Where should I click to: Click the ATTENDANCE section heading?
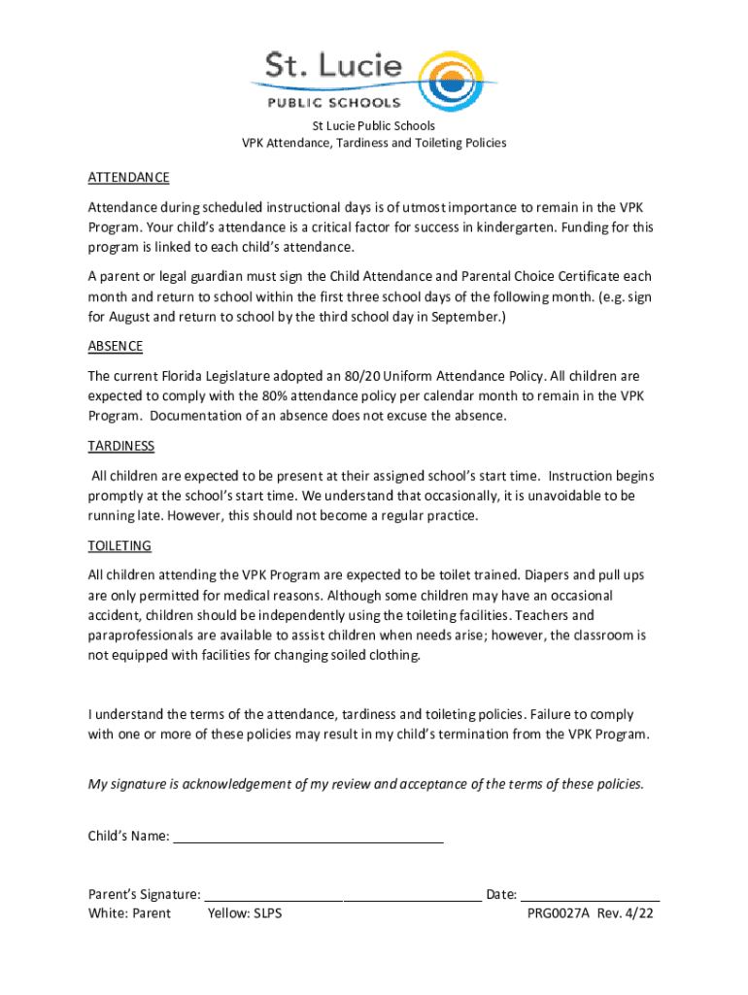tap(128, 178)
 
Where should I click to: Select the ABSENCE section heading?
tap(116, 346)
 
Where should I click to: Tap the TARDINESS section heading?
tap(121, 446)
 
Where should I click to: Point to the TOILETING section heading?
tap(119, 546)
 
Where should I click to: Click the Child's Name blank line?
tap(308, 837)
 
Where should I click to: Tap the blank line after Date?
tap(591, 895)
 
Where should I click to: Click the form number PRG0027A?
tap(560, 913)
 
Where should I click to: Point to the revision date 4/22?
tap(638, 913)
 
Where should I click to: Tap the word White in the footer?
tap(107, 913)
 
